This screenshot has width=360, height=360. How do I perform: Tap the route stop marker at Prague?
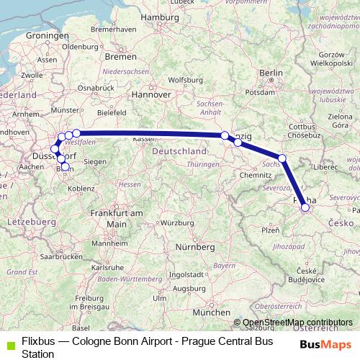305,207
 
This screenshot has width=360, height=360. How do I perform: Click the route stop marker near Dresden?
282,158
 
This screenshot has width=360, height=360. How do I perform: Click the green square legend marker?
7,341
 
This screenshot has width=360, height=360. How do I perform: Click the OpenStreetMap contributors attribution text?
297,323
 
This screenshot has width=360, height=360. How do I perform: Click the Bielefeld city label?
112,112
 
